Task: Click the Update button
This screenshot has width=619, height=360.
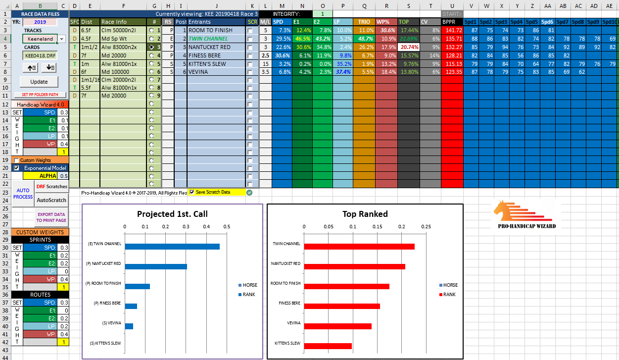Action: click(39, 82)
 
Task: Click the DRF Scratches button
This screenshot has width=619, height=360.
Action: click(51, 186)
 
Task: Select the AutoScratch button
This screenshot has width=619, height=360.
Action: click(51, 200)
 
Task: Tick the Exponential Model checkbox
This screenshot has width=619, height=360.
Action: click(16, 168)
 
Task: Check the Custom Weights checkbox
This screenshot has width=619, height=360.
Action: click(16, 160)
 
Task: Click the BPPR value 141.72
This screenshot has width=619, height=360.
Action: click(452, 30)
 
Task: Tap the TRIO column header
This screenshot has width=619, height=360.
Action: click(364, 22)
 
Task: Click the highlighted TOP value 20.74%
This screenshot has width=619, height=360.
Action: click(408, 47)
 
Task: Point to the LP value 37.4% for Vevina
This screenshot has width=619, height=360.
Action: click(342, 72)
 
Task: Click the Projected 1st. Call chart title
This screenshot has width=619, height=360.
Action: click(172, 214)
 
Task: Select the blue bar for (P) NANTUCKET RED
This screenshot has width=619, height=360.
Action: click(156, 266)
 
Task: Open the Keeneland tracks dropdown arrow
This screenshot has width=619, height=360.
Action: click(62, 39)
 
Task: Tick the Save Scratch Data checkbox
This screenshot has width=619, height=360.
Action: click(192, 192)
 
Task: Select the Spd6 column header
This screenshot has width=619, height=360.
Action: click(547, 22)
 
